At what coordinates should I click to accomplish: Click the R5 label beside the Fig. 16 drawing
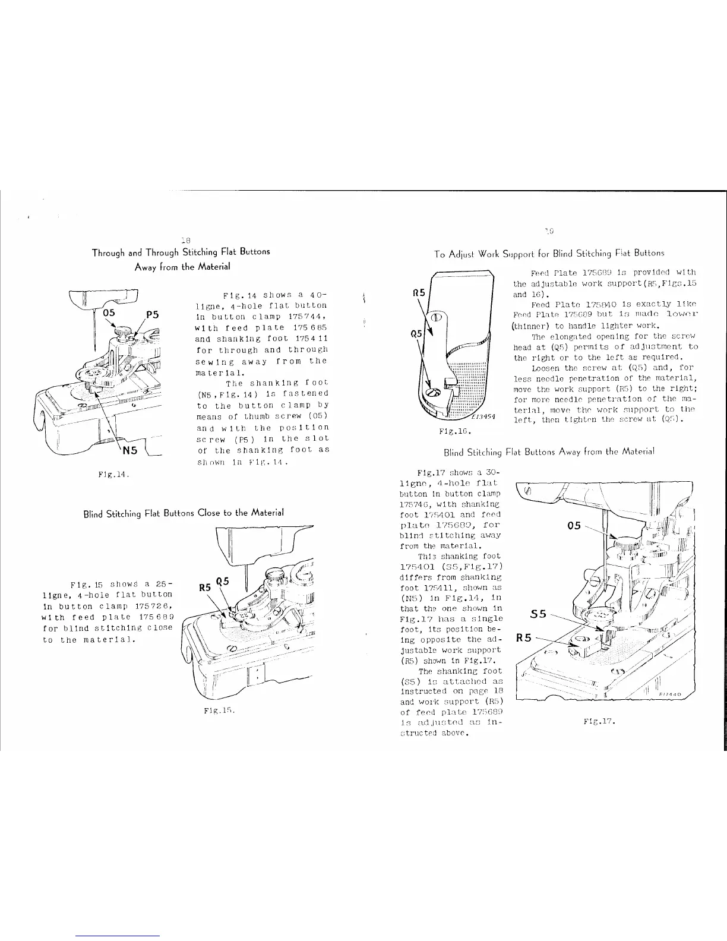[419, 292]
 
